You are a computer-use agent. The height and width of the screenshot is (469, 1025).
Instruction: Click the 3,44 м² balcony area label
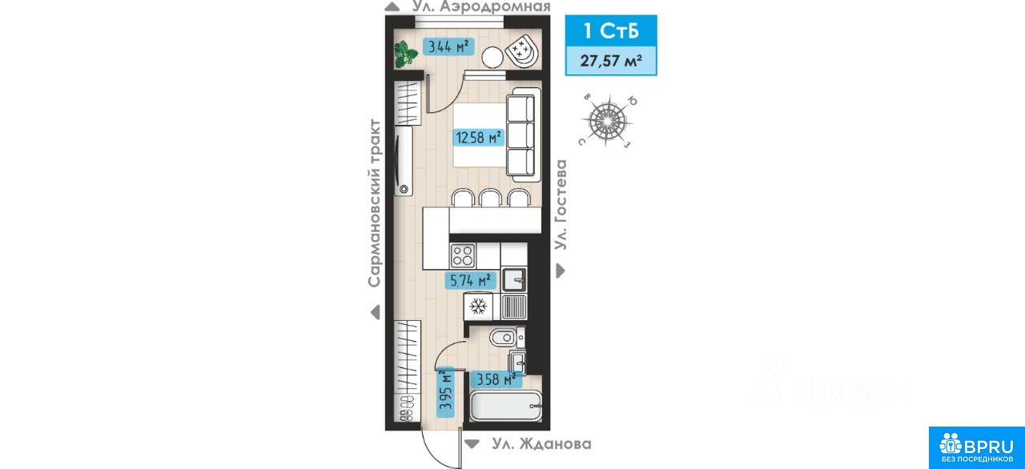(448, 46)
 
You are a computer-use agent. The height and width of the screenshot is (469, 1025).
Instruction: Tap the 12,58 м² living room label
(479, 137)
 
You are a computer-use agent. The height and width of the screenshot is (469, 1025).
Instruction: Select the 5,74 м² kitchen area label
(471, 280)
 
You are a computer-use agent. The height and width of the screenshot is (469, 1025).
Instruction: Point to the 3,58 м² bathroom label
(496, 379)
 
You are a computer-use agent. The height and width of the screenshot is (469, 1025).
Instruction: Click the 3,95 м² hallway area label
(446, 392)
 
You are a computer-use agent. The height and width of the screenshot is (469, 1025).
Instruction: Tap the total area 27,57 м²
(611, 61)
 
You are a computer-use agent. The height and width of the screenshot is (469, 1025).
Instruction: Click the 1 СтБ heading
(611, 30)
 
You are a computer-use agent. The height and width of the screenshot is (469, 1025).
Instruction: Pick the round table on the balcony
(492, 58)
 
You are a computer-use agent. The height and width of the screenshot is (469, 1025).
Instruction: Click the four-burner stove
(463, 255)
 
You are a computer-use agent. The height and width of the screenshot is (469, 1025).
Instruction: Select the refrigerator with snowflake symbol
(479, 307)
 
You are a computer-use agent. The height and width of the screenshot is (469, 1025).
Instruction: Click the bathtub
(506, 406)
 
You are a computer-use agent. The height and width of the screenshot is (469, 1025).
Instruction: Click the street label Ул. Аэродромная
(481, 7)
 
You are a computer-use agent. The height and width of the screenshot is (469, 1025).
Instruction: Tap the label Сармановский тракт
(375, 203)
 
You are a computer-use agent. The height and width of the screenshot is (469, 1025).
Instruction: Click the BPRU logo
(976, 447)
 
